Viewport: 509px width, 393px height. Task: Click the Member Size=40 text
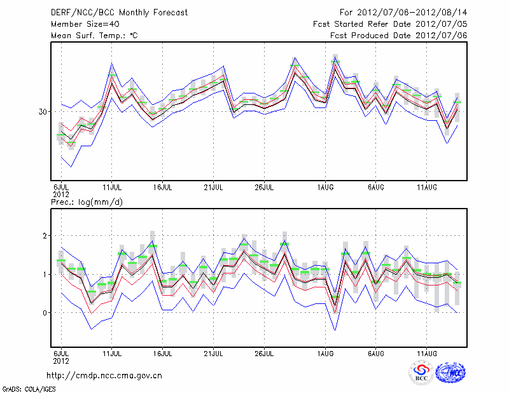point(80,24)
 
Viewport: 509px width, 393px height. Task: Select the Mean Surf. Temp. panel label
point(94,36)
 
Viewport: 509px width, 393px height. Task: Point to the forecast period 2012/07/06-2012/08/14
point(404,13)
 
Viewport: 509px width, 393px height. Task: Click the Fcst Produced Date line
point(399,36)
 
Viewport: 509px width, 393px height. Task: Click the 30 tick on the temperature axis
point(44,112)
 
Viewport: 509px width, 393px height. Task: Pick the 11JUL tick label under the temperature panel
point(113,188)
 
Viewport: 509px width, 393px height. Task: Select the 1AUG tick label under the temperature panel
point(325,188)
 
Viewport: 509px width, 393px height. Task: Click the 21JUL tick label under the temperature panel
point(214,188)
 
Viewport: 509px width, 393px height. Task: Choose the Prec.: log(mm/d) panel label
point(87,202)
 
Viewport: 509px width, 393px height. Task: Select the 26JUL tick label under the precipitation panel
point(265,352)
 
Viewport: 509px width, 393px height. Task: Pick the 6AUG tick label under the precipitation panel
point(376,352)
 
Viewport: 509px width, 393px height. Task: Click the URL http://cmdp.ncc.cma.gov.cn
point(104,375)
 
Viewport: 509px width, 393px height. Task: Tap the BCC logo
point(421,373)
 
